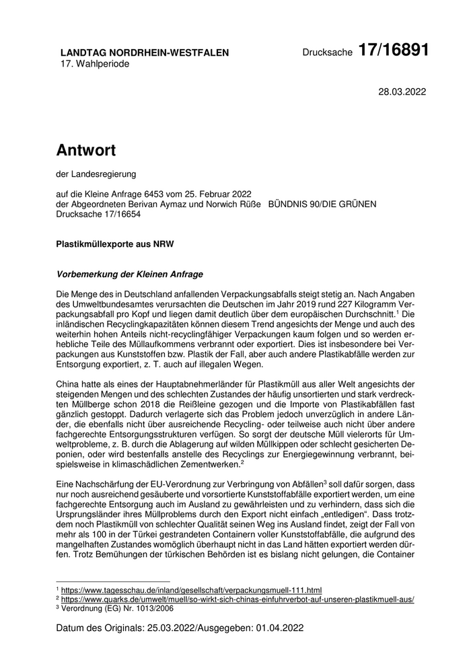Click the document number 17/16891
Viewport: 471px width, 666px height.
pyautogui.click(x=393, y=50)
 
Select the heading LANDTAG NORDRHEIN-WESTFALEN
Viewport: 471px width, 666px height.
pyautogui.click(x=145, y=52)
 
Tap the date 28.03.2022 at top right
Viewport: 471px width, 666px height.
pyautogui.click(x=402, y=91)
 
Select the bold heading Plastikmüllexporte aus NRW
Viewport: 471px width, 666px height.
pyautogui.click(x=115, y=245)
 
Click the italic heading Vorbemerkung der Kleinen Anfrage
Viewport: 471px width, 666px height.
pyautogui.click(x=129, y=274)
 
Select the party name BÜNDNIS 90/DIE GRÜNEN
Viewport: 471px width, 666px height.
pyautogui.click(x=322, y=204)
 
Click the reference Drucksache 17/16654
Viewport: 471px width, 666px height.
pyautogui.click(x=99, y=213)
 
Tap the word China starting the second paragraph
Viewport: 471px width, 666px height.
pyautogui.click(x=69, y=383)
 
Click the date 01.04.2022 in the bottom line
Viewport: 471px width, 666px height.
pyautogui.click(x=281, y=628)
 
